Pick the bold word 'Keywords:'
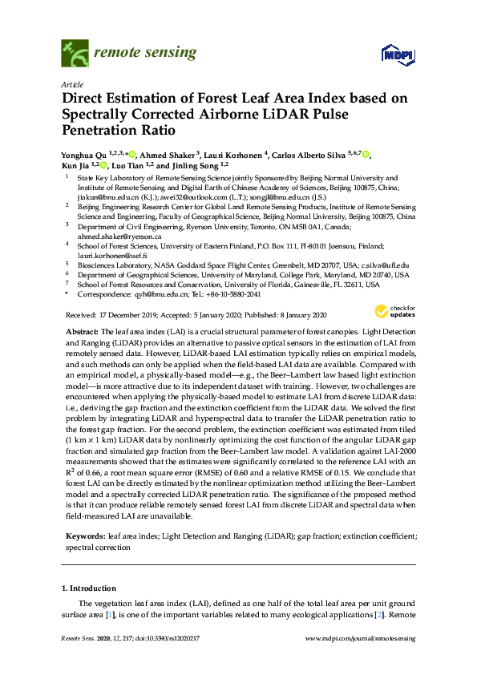[x=84, y=535]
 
